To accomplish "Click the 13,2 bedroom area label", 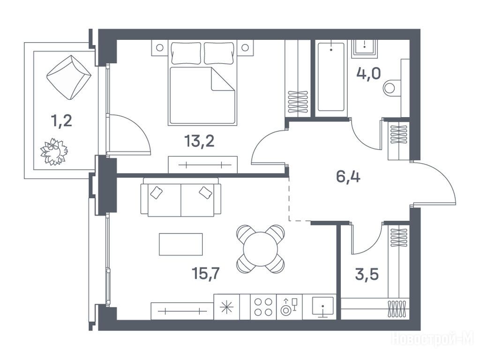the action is [199, 142].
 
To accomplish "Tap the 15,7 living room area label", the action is [206, 273].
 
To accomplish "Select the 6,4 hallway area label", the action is [348, 177].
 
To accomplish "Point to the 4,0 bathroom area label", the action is [368, 74].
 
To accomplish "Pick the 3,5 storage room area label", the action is [367, 274].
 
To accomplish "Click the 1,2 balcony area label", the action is [61, 121].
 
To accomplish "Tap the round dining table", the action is [261, 249].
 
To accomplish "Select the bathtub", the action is [331, 77].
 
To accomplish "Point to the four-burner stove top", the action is [263, 307].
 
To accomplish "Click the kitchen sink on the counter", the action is [322, 306].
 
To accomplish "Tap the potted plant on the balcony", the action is [54, 152].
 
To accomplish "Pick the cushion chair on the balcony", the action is [69, 77].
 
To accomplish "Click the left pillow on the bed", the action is [186, 53].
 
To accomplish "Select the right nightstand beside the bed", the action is [245, 48].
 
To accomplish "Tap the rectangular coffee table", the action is [180, 244].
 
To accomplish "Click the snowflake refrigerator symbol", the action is [227, 307].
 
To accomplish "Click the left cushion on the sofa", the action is [157, 193].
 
